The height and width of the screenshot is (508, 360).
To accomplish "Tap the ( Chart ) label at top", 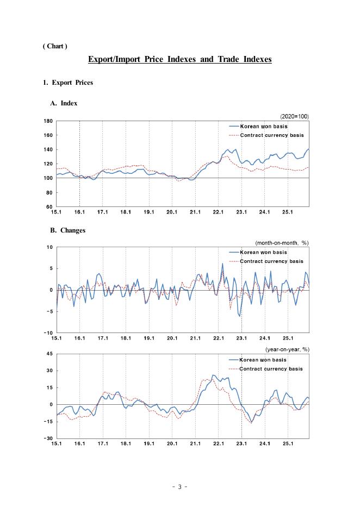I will coord(55,46).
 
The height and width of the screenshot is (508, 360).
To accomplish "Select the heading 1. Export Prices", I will coord(68,83).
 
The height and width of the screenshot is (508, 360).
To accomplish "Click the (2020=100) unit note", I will coord(294,116).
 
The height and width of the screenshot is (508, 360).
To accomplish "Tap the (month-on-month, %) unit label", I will coord(282,242).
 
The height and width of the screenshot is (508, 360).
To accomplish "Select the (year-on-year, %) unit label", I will coord(287,349).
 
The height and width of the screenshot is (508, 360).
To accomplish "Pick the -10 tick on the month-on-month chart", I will coord(49,333).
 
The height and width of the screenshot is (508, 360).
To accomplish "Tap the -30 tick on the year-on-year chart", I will coord(49,438).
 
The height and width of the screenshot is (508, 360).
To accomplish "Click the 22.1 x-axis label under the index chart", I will coord(219,212).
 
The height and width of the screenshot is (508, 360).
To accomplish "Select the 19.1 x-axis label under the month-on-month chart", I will coord(149,338).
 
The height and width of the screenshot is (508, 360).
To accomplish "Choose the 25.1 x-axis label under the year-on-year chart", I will coord(288,443).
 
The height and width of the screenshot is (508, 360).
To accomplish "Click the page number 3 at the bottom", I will coord(179,487).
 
